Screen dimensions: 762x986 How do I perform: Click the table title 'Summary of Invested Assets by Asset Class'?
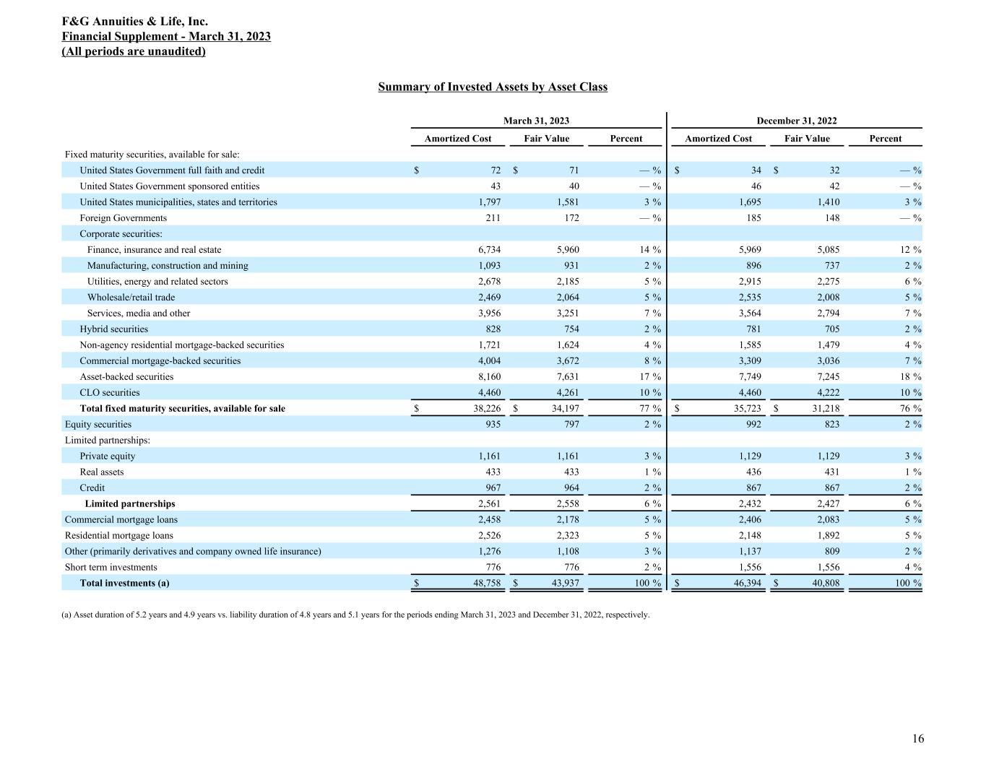point(493,87)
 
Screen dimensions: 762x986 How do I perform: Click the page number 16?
point(917,738)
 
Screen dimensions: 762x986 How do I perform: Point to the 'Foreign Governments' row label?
point(123,218)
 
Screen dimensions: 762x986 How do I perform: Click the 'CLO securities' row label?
point(110,393)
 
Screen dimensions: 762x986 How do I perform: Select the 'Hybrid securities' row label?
point(113,329)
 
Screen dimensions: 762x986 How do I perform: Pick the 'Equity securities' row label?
point(98,425)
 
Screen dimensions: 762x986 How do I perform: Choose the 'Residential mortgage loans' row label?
point(119,536)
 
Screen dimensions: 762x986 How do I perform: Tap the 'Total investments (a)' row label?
point(125,584)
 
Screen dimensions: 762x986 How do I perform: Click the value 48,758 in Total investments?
point(485,584)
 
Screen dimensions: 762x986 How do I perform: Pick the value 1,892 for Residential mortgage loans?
point(826,536)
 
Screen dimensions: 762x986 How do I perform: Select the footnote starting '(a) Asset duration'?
point(357,615)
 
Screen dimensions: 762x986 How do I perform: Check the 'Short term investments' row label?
point(111,568)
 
